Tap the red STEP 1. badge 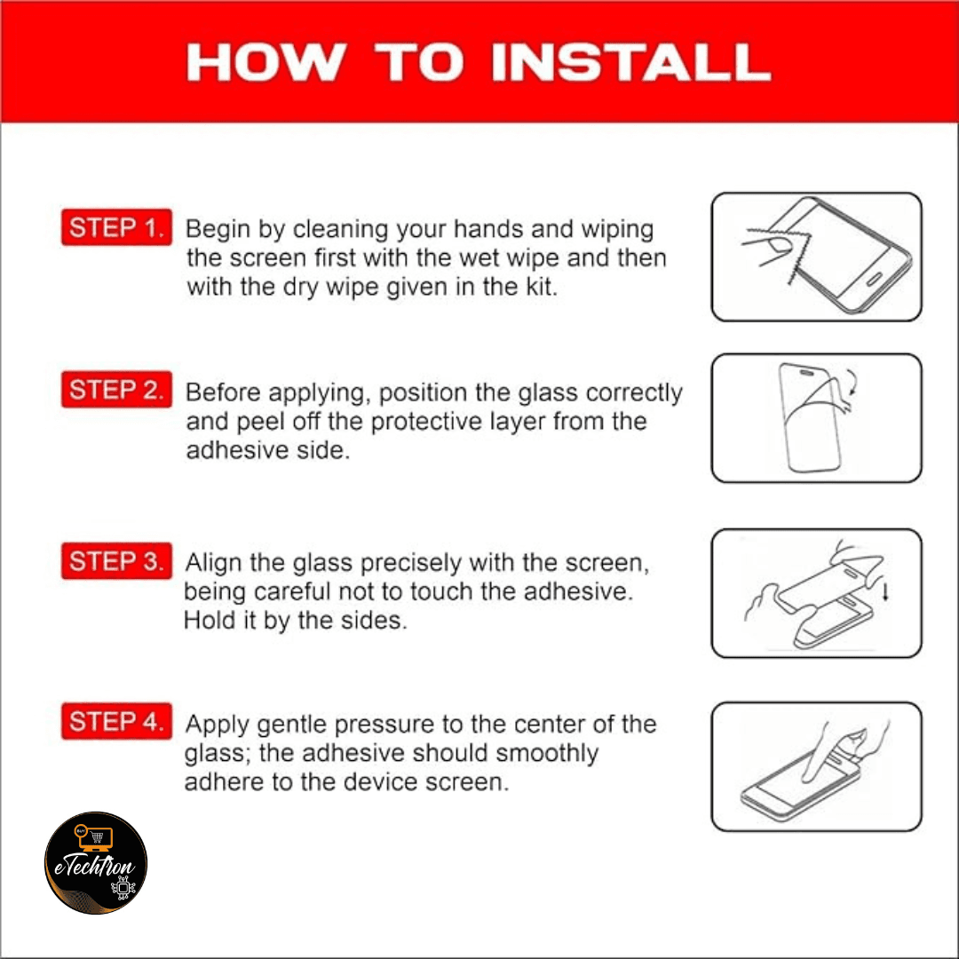116,227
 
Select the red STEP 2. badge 116,390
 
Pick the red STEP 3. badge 116,561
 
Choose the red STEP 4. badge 116,721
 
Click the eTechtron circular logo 96,863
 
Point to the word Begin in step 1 218,230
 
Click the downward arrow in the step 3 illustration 885,590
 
